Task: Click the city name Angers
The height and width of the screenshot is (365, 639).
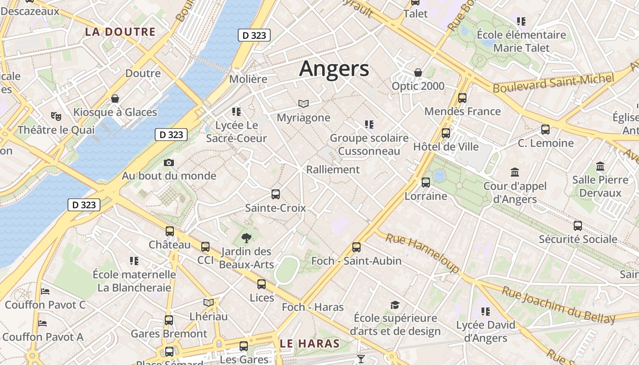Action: coord(334,69)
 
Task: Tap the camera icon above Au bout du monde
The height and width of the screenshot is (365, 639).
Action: coord(169,163)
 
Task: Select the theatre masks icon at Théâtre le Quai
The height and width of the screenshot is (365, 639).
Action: coord(56,116)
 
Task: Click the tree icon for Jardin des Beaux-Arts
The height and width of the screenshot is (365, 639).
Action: coord(246,238)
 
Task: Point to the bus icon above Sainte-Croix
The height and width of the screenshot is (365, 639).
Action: coord(276,194)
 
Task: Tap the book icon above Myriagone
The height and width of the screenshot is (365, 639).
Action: coord(304,104)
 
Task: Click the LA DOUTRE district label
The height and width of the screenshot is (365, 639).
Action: coord(120,32)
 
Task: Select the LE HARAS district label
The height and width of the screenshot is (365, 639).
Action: coord(310,344)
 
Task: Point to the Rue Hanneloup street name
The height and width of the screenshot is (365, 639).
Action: coord(422,254)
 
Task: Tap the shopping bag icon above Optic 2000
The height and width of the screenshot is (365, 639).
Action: coord(418,73)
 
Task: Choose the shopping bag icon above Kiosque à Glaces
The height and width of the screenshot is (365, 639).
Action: coord(115,99)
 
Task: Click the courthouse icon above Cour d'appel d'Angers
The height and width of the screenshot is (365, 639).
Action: coord(515,172)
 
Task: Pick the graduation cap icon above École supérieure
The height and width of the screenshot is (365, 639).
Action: coord(395,304)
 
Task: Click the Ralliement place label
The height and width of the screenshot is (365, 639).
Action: coord(333,170)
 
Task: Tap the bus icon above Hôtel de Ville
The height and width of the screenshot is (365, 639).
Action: coord(446,133)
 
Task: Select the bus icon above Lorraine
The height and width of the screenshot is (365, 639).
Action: coord(426,182)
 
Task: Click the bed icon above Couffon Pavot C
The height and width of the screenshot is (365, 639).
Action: coord(45,291)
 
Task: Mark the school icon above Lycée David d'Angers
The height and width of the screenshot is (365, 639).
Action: coord(485,312)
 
